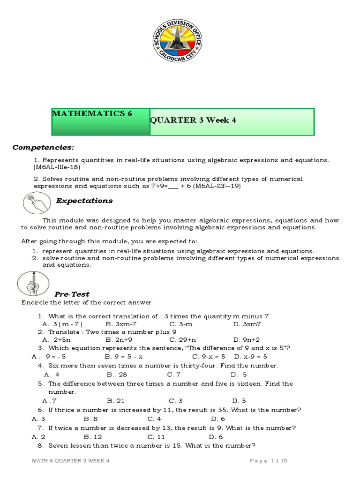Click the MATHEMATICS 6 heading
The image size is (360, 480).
tap(92, 114)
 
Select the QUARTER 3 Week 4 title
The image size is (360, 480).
tap(193, 120)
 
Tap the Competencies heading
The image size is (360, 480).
tap(43, 147)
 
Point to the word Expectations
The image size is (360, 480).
tap(84, 201)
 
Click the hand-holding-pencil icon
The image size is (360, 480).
tap(30, 285)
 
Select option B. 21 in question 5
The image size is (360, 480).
tap(115, 401)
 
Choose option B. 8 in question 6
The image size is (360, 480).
tap(90, 419)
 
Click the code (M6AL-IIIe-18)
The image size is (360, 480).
tap(57, 167)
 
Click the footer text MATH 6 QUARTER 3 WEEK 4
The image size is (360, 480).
tap(70, 461)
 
